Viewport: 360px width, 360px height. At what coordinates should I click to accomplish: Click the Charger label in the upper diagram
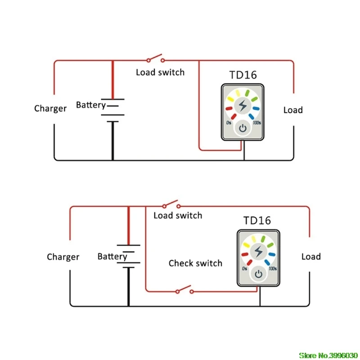[x=50, y=108]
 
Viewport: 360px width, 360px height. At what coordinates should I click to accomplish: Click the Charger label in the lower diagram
[x=63, y=257]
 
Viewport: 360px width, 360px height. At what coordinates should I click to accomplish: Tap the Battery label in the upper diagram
[x=90, y=105]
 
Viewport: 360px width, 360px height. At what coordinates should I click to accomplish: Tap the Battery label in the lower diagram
[x=112, y=256]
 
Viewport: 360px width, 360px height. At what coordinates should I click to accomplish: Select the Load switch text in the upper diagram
[x=160, y=72]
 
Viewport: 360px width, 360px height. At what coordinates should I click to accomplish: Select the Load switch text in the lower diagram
[x=178, y=216]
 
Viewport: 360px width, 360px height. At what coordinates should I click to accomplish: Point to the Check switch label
[x=195, y=263]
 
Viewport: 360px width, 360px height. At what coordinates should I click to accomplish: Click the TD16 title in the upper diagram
[x=243, y=75]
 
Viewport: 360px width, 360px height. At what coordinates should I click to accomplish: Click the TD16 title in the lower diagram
[x=257, y=220]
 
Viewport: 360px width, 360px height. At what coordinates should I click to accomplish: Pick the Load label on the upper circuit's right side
[x=293, y=110]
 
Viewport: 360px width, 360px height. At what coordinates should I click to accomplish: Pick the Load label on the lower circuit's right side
[x=311, y=256]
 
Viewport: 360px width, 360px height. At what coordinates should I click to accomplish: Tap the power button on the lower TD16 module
[x=258, y=274]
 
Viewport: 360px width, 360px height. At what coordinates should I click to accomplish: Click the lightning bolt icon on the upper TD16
[x=243, y=106]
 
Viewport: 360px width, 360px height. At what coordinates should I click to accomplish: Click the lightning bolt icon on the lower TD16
[x=258, y=251]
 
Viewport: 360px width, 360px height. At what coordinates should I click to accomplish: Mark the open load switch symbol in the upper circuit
[x=154, y=58]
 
